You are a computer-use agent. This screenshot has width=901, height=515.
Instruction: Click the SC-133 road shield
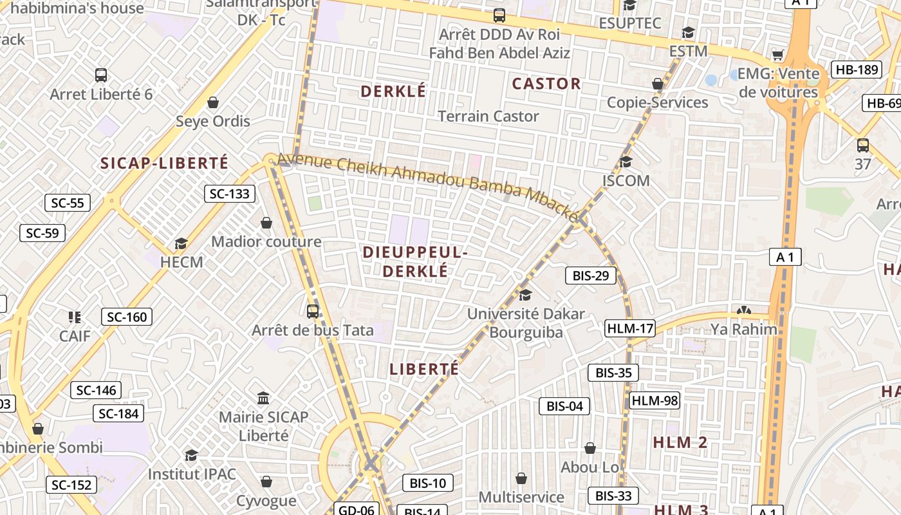[230, 194]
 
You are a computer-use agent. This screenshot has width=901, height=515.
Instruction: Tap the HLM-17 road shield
[630, 329]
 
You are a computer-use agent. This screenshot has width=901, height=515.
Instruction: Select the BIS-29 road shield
[590, 276]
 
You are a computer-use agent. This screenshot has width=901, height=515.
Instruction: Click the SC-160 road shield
[127, 317]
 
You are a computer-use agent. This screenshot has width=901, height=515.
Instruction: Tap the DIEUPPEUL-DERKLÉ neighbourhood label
[415, 261]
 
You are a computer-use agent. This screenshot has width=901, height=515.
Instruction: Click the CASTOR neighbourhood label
[546, 84]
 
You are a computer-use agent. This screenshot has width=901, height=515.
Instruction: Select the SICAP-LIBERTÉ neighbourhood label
[164, 163]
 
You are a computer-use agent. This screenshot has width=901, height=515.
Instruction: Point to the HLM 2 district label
[680, 442]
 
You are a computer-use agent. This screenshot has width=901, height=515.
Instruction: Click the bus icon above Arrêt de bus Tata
[313, 312]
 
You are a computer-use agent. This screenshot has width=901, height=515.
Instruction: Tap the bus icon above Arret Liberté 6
[101, 75]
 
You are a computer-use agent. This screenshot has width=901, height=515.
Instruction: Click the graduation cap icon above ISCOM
[626, 162]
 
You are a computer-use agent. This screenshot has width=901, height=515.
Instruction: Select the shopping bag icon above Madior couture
[266, 223]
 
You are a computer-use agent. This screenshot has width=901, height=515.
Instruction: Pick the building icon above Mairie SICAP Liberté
[263, 398]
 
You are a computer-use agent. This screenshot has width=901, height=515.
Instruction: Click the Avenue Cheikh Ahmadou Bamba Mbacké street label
[428, 187]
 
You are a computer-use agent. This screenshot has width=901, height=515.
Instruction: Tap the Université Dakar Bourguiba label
[526, 323]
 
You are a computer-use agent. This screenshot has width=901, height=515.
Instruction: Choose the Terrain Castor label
[488, 117]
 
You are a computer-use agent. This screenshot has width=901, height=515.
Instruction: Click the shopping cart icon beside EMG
[778, 55]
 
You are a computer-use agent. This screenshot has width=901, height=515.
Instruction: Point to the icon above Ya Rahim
[743, 310]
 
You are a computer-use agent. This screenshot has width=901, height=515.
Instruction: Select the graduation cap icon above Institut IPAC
[191, 456]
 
